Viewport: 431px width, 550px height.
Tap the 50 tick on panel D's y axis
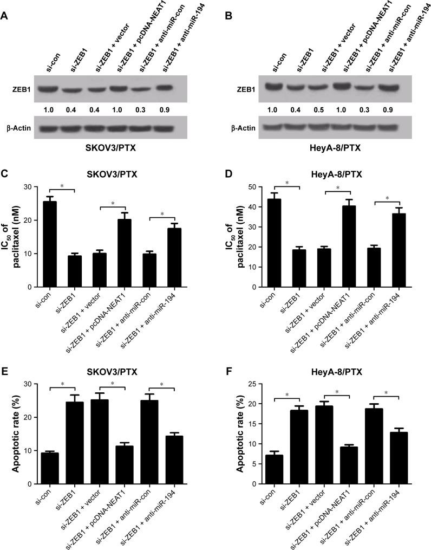(260, 187)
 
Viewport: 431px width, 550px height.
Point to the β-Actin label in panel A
(22, 130)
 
